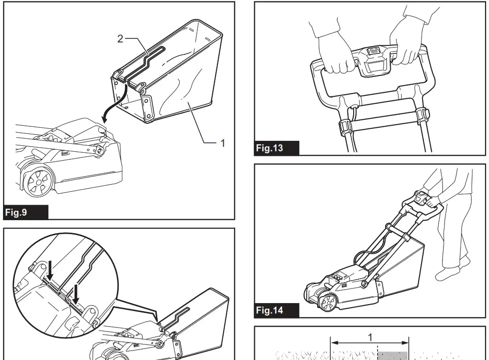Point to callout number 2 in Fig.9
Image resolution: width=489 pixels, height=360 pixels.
pos(120,39)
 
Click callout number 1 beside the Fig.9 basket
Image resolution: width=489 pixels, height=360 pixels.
pos(223,143)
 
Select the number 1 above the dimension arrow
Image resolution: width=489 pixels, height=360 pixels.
pos(370,337)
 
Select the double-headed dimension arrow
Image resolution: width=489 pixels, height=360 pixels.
pos(370,344)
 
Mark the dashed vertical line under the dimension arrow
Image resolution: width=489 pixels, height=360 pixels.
pos(377,353)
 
